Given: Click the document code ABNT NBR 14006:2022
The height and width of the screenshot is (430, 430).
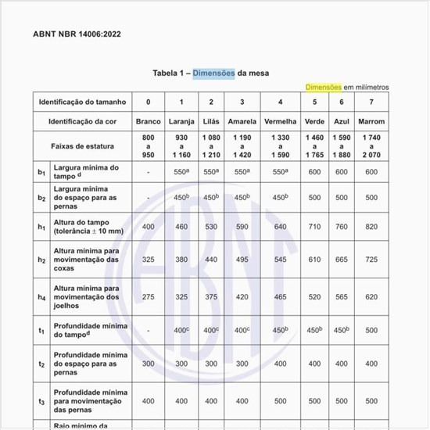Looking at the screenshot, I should pos(77,34).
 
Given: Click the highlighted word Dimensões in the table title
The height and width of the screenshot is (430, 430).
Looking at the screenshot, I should pos(214,73).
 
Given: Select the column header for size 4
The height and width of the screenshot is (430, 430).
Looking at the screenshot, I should pos(280,102).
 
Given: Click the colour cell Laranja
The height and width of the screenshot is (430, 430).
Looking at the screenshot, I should pos(181,122).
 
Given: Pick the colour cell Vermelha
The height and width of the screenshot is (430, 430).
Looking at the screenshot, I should pos(280,122).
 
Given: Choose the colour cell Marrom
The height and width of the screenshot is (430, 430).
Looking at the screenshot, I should pos(371,122).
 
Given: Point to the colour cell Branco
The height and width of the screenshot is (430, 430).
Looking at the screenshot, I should pos(148,122).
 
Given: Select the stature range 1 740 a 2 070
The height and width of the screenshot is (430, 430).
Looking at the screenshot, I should pos(371,146).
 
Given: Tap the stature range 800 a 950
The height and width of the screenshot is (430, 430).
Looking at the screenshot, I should pos(148,146).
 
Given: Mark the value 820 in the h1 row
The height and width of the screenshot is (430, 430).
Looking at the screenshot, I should pos(371,227).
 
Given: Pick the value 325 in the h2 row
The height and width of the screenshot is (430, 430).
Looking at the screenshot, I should pos(148,259).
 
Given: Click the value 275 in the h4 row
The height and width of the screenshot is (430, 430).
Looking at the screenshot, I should pos(148,297).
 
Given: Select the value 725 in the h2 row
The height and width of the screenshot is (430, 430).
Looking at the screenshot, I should pos(371,259).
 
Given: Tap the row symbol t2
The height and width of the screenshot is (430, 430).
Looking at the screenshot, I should pos(41,364).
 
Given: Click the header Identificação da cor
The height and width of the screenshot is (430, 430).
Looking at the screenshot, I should pos(86,122).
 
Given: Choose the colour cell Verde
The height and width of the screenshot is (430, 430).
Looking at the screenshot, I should pos(315,122).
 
